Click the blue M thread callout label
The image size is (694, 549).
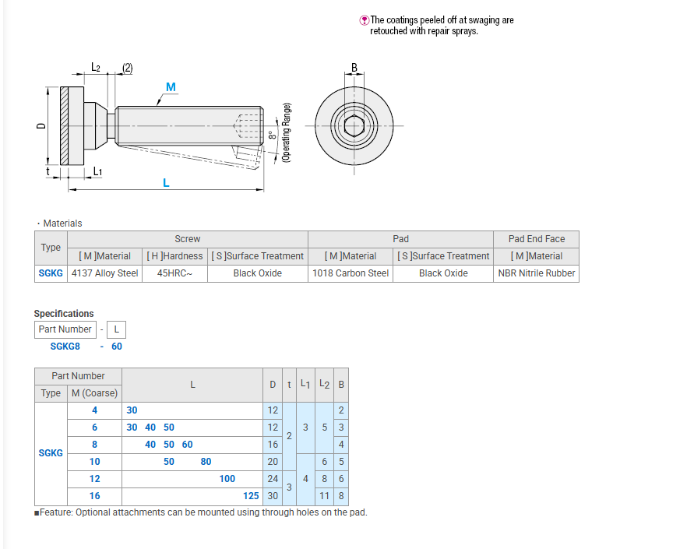click(171, 86)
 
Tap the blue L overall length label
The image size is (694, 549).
click(166, 182)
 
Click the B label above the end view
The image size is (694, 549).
click(354, 68)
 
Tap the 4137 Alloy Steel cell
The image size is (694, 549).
click(104, 273)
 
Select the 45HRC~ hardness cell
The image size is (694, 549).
click(174, 273)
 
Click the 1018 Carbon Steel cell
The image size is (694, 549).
click(350, 273)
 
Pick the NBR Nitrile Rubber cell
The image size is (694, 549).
click(537, 273)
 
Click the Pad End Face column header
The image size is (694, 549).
click(537, 239)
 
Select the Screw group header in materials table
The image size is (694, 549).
click(187, 239)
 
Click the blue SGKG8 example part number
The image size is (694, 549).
click(65, 347)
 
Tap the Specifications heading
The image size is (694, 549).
click(64, 314)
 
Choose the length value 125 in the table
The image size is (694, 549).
click(251, 496)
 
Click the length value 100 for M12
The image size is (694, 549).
click(227, 479)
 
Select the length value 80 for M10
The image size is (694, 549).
click(206, 462)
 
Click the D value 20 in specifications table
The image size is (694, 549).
click(273, 462)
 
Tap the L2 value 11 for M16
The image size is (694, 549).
click(324, 496)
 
